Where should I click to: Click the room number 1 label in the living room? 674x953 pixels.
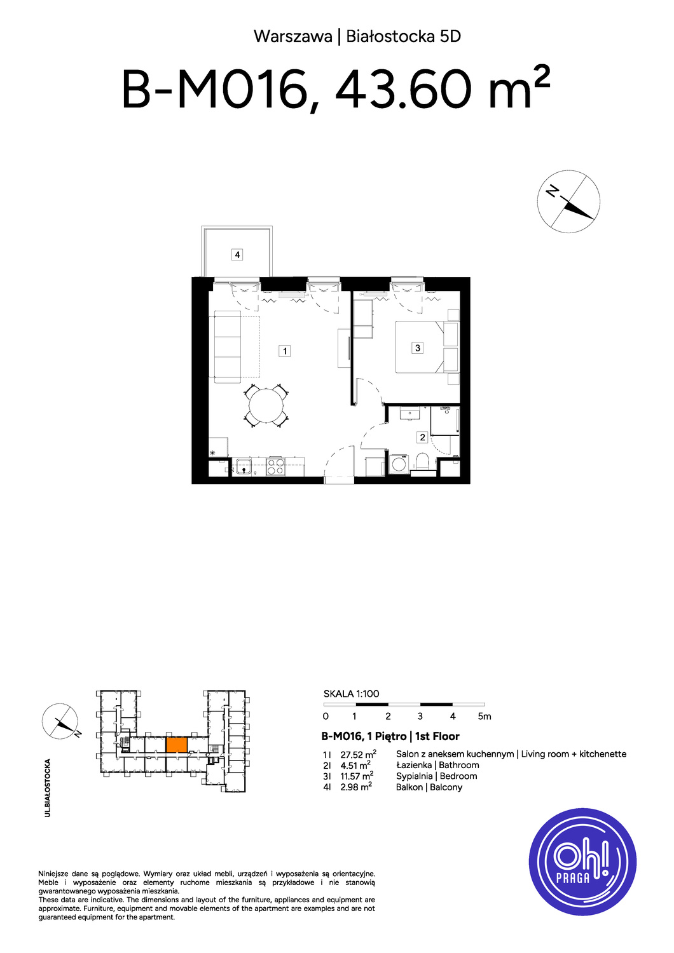tap(284, 351)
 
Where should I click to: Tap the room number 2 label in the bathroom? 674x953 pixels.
tap(422, 437)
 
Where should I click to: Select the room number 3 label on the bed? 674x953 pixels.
tap(417, 348)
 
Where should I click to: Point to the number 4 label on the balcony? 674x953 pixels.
tap(237, 255)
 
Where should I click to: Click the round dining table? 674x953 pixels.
tap(266, 406)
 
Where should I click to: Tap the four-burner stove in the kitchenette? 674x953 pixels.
tap(276, 467)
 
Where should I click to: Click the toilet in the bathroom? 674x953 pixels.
tap(422, 462)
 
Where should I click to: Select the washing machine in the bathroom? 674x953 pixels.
tap(399, 463)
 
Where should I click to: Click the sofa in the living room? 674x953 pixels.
tap(228, 344)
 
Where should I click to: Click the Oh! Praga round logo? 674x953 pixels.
tap(583, 862)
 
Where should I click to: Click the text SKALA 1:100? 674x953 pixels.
tap(351, 694)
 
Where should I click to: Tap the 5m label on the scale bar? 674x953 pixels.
tap(485, 716)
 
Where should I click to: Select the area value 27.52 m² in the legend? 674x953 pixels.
tap(358, 754)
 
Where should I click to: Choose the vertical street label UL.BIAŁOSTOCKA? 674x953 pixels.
tap(47, 788)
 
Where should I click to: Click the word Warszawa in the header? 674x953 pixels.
tap(293, 37)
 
